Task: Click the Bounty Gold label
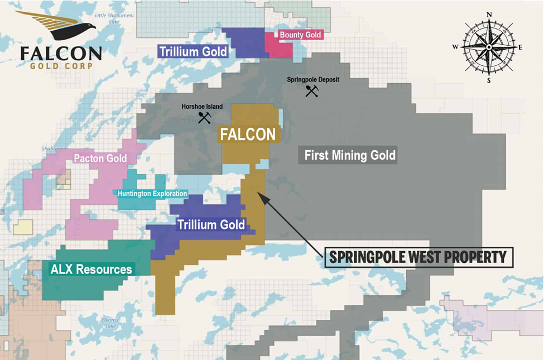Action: [x=300, y=35]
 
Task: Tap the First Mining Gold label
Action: [x=349, y=155]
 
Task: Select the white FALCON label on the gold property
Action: [x=248, y=135]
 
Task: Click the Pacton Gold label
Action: [x=100, y=159]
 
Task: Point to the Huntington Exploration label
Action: [x=152, y=194]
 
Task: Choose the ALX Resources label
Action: [x=92, y=270]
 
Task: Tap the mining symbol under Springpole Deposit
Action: [x=311, y=91]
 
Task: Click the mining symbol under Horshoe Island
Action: [x=204, y=117]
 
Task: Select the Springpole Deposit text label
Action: [x=312, y=80]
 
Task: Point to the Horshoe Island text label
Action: [x=202, y=107]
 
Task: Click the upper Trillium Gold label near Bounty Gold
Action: [x=193, y=52]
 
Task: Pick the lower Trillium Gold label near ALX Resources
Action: [x=211, y=225]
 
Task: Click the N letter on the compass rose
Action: [x=489, y=15]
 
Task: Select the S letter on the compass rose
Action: [x=489, y=80]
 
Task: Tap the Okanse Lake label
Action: [x=109, y=323]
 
